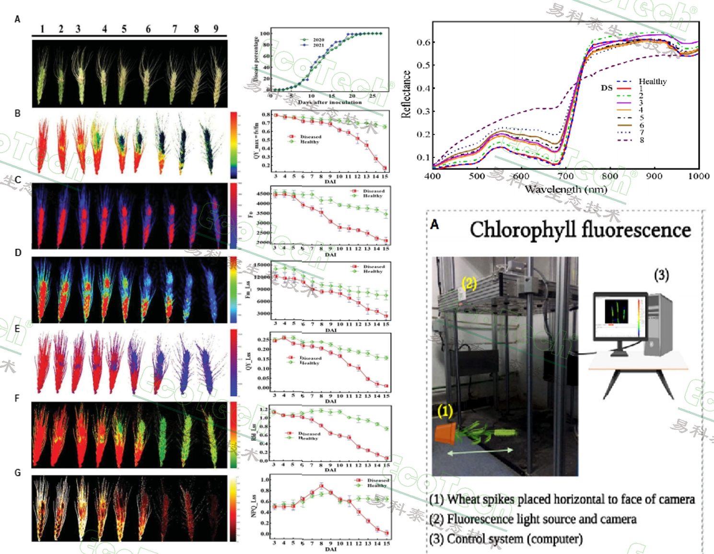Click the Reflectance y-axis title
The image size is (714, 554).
tap(406, 94)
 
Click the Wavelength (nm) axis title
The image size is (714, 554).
tap(565, 189)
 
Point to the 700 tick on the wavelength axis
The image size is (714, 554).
tap(565, 176)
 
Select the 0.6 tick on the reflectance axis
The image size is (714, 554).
tap(423, 42)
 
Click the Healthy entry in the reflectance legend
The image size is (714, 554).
tap(652, 82)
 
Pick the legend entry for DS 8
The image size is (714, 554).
tap(641, 140)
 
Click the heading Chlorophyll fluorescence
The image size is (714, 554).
tap(580, 230)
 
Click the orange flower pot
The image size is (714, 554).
tap(446, 433)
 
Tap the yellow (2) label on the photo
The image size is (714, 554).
tap(468, 283)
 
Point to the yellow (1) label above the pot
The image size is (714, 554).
tap(445, 411)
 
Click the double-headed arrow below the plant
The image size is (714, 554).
tap(480, 451)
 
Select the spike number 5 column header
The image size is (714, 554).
tap(124, 29)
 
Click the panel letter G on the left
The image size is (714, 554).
tap(18, 473)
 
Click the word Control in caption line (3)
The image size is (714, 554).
tap(463, 539)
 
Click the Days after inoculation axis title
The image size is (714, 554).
tap(330, 102)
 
